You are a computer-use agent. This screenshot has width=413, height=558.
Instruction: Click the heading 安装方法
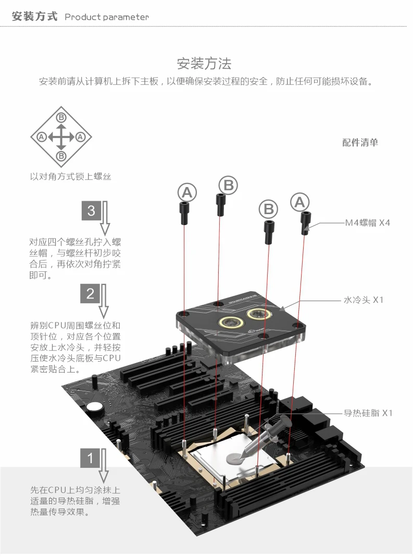coord(204,64)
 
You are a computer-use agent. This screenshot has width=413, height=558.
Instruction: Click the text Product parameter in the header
coord(106,17)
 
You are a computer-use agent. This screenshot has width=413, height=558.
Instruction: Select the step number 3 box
coord(91,210)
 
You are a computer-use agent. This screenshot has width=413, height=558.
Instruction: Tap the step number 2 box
coord(90,293)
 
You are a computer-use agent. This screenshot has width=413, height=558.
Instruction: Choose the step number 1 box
coord(90,458)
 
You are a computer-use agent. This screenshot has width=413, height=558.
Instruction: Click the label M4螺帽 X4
coord(367,223)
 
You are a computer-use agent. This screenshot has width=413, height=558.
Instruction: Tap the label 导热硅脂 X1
coord(368,413)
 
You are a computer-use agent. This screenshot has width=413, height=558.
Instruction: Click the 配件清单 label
coord(360,142)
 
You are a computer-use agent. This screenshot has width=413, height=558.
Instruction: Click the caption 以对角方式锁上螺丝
coord(70,177)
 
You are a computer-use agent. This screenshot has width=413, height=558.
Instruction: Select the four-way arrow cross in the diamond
coord(61,137)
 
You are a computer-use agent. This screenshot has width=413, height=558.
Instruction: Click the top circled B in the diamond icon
coord(61,117)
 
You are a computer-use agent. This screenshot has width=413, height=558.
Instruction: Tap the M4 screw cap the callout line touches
coord(305,223)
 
